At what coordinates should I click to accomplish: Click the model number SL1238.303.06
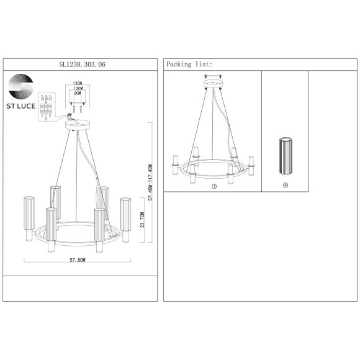82,65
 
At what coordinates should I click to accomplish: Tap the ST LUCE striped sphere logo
20,86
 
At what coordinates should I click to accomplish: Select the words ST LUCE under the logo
20,106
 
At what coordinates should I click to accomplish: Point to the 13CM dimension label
78,83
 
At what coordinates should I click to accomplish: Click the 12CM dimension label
78,88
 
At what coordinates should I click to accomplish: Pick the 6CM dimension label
78,93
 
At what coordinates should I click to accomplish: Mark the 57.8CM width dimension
78,260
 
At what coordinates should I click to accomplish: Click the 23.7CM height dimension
142,220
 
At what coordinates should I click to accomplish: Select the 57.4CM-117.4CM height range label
150,182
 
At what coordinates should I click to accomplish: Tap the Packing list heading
189,65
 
